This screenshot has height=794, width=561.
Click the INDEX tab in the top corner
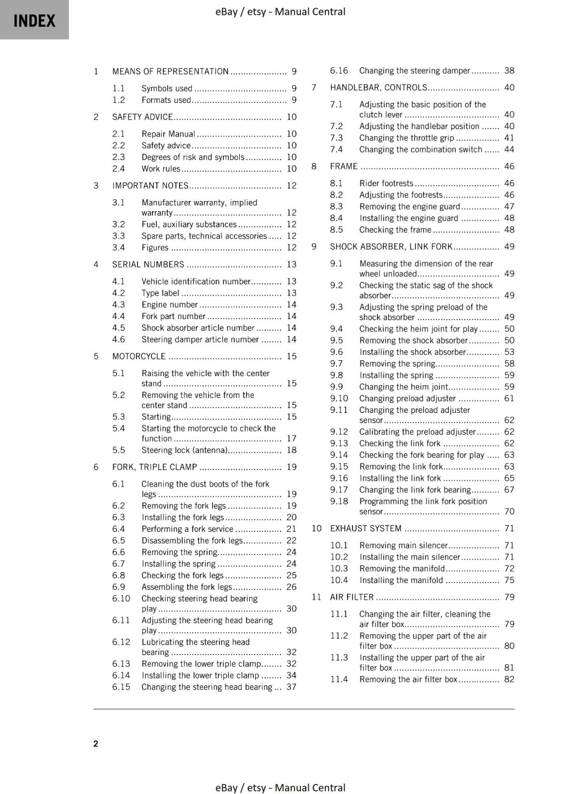coord(34,20)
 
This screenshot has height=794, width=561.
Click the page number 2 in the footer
coord(96,743)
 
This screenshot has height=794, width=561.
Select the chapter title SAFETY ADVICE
coord(142,117)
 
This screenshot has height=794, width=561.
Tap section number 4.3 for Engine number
coord(119,305)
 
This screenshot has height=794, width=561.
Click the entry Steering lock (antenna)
coord(185,451)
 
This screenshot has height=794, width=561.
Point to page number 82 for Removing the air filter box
coord(509,679)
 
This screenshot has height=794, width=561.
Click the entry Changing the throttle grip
coord(407,138)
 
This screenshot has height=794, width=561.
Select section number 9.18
coord(339,501)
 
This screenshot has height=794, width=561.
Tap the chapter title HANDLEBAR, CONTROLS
coord(378,88)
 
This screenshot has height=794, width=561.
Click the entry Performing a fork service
coord(187,529)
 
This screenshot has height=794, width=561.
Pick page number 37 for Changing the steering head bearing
coord(291,687)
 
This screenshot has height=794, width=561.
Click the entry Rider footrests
coord(386,184)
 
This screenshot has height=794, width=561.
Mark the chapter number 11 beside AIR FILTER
coord(317,597)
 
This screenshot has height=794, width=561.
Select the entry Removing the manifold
coord(402,569)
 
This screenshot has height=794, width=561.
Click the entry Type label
coord(160,293)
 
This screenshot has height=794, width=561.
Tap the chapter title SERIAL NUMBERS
coord(148,265)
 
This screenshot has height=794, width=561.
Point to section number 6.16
coord(339,71)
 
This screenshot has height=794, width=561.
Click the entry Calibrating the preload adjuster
coord(418,432)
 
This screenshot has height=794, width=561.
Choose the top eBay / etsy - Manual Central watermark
coord(280,11)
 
